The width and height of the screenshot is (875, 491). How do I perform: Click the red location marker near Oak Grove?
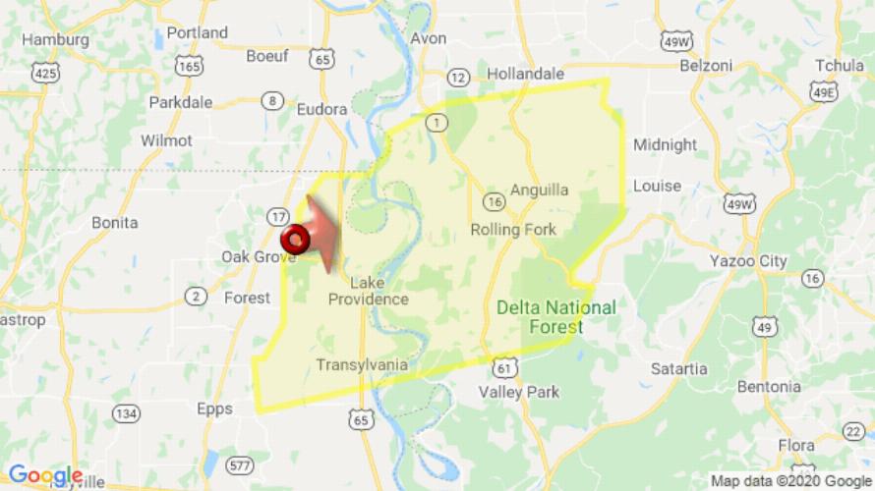pos(295,239)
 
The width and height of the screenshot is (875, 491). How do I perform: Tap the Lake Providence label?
pos(368,291)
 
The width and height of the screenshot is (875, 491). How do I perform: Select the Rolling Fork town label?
pos(513,230)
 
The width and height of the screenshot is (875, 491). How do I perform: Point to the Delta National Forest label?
pos(556,317)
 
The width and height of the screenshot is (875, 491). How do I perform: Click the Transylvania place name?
pos(362,365)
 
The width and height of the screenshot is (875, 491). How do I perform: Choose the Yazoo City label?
pos(748,261)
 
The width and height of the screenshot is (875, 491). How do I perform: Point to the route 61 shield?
pos(504,366)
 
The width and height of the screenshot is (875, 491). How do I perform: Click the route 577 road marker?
pos(239,464)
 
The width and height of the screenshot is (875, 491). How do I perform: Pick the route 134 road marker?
pos(125,414)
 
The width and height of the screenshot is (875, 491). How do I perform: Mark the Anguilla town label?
pos(539,191)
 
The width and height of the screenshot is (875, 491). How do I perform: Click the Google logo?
pos(45,476)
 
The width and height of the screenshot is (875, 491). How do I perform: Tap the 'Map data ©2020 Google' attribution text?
pos(790,481)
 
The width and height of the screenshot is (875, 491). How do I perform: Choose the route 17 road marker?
pos(278,215)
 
